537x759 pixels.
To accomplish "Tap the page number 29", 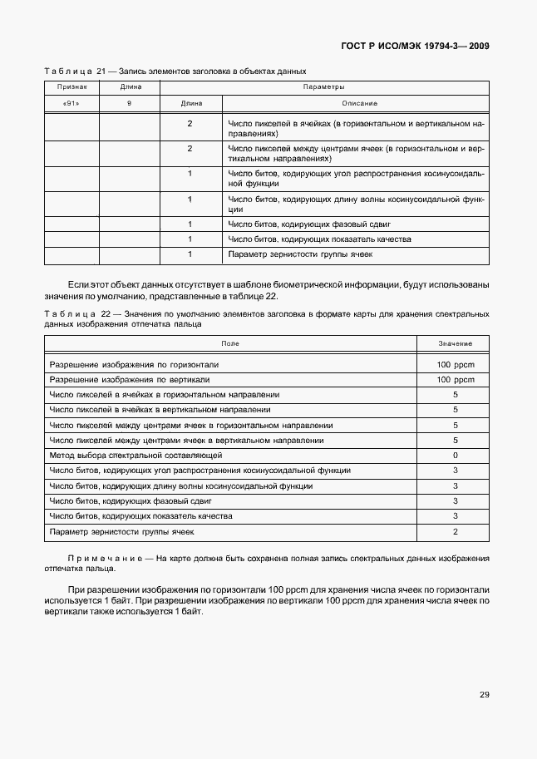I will coord(484,695).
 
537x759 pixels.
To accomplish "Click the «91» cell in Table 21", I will coord(71,104).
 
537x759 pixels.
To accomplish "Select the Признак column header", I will coord(71,86).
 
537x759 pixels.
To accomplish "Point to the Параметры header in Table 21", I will coord(323,86).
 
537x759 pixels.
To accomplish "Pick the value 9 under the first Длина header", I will coord(129,104).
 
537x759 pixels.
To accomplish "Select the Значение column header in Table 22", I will coord(455,343).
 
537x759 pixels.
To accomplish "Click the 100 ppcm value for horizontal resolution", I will coord(455,365).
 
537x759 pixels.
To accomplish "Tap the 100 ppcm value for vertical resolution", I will coord(455,380).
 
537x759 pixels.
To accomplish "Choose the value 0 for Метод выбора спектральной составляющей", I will coord(455,456).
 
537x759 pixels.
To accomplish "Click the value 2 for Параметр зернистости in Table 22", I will coord(455,531).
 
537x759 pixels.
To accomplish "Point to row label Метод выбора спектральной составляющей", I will coord(135,456).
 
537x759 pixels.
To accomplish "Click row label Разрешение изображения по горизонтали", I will coord(134,365).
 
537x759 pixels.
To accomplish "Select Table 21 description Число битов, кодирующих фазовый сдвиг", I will coord(308,224).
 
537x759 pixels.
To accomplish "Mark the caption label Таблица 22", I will coord(75,313).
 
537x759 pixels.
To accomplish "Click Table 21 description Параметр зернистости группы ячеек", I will coord(300,254).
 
